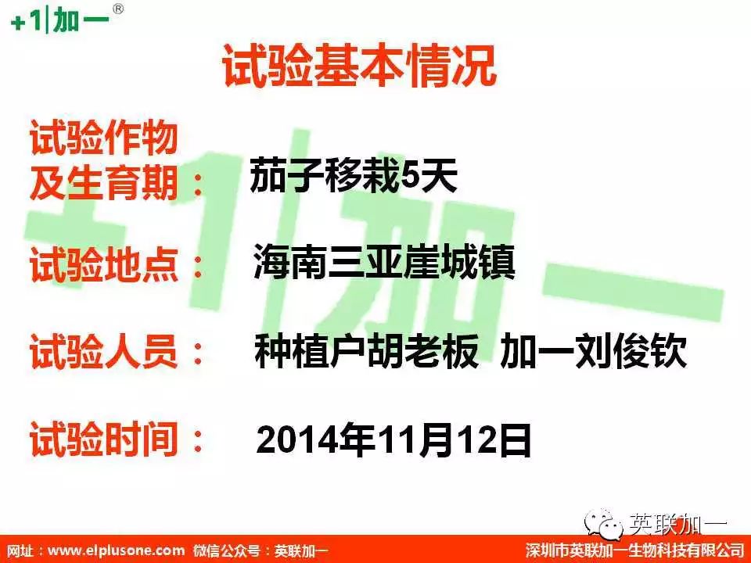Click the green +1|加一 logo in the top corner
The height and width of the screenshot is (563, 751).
tap(60, 20)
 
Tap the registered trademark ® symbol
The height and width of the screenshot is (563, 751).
tap(118, 9)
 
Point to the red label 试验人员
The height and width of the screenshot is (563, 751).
tap(104, 351)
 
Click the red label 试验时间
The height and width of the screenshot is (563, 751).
tap(104, 439)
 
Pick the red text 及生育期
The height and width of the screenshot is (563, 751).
tap(104, 183)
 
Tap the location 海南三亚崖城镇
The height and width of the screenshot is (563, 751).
tap(384, 263)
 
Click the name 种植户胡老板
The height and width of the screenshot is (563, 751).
tap(366, 350)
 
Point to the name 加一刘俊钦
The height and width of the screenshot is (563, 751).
tap(594, 350)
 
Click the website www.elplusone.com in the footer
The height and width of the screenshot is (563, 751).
tap(116, 550)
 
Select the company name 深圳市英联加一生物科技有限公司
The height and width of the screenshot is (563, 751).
tap(635, 550)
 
